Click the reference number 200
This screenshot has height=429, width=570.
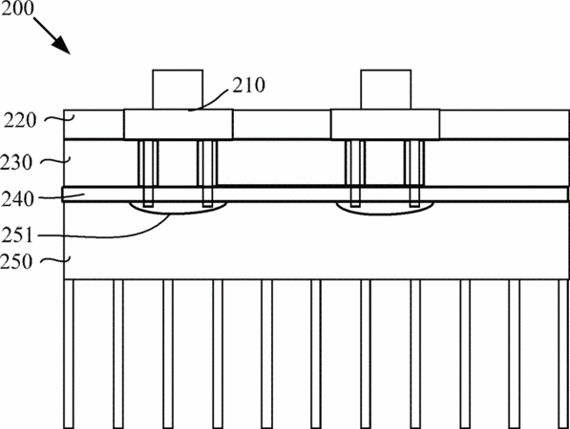[17, 8]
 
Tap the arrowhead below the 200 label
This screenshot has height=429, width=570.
[62, 46]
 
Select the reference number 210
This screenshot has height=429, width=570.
[248, 85]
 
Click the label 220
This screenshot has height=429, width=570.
[20, 120]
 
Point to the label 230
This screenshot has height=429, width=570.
[16, 163]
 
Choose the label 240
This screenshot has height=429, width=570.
[17, 199]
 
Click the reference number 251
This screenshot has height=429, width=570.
[17, 235]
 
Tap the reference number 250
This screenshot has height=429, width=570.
[16, 261]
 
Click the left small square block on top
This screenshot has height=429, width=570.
[178, 90]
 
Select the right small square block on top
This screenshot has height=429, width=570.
[386, 90]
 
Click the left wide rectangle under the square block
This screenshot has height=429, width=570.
[179, 124]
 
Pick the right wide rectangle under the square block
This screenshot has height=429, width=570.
[386, 124]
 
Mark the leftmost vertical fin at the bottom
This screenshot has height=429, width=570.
[69, 354]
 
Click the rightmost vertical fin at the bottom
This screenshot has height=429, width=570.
[564, 354]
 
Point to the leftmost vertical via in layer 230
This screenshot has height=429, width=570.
[148, 174]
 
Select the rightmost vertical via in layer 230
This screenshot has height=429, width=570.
[414, 174]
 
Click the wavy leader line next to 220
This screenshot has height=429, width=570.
[59, 118]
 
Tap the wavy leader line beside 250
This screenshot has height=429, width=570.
[54, 260]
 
